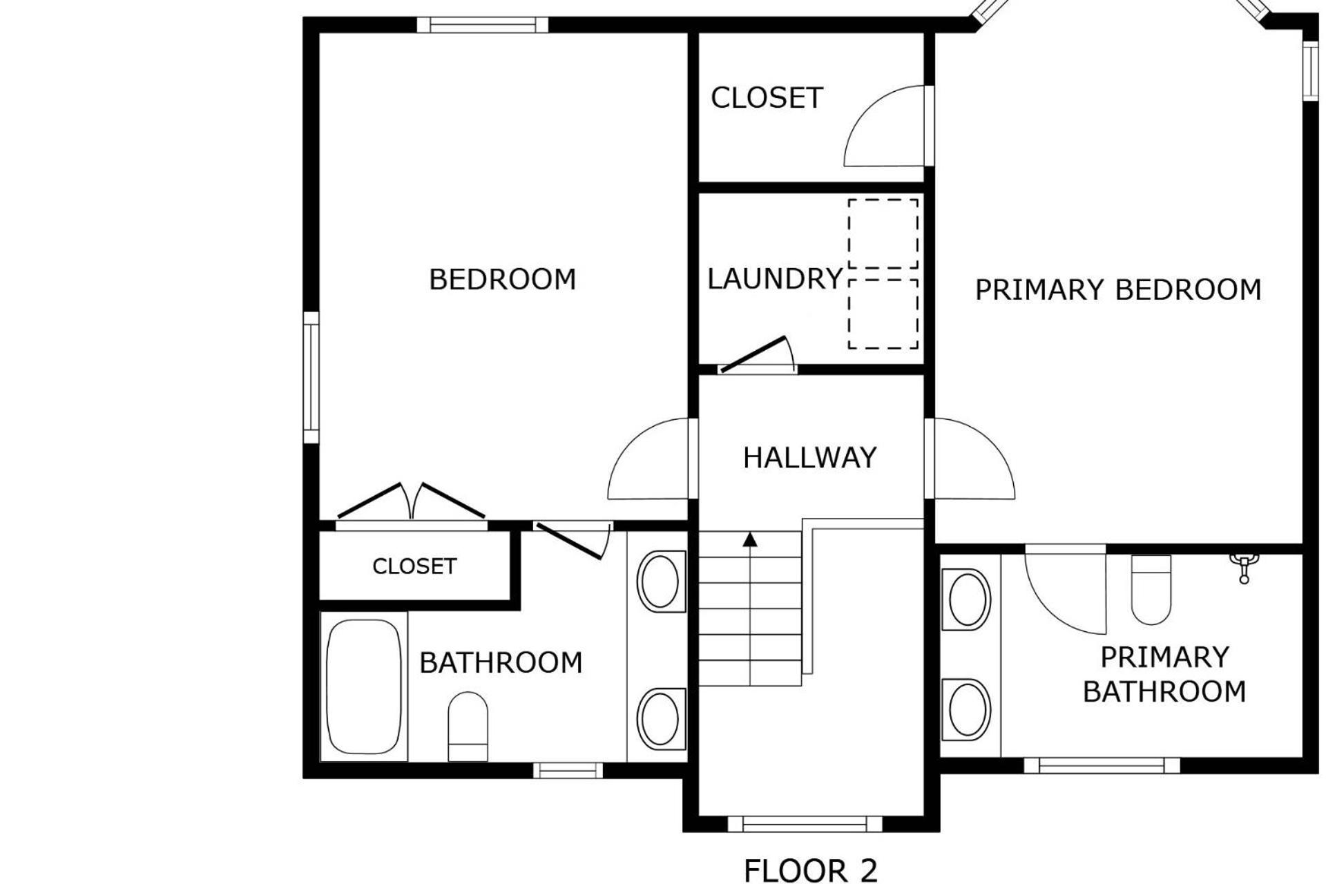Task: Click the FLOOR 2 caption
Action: coord(810,870)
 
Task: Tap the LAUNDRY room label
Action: coord(775,279)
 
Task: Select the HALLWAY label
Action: coord(809,458)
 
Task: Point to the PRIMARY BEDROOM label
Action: coord(1117,289)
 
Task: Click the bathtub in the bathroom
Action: coord(363,687)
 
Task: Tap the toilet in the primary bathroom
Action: coord(1151,590)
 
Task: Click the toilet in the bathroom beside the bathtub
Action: coord(468,727)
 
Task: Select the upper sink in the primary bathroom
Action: coord(967,599)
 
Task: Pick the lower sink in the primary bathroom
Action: coord(967,709)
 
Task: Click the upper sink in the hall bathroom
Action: coord(661,581)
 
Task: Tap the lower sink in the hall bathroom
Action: coord(661,718)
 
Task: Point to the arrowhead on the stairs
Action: coord(750,539)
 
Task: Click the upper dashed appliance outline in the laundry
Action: coord(883,233)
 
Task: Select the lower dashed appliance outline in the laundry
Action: coord(883,314)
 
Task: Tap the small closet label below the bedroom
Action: coord(414,566)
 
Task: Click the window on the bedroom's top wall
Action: coord(482,25)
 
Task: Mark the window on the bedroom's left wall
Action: coord(311,377)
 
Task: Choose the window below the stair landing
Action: coord(805,823)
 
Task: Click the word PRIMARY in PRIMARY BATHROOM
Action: coord(1164,657)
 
